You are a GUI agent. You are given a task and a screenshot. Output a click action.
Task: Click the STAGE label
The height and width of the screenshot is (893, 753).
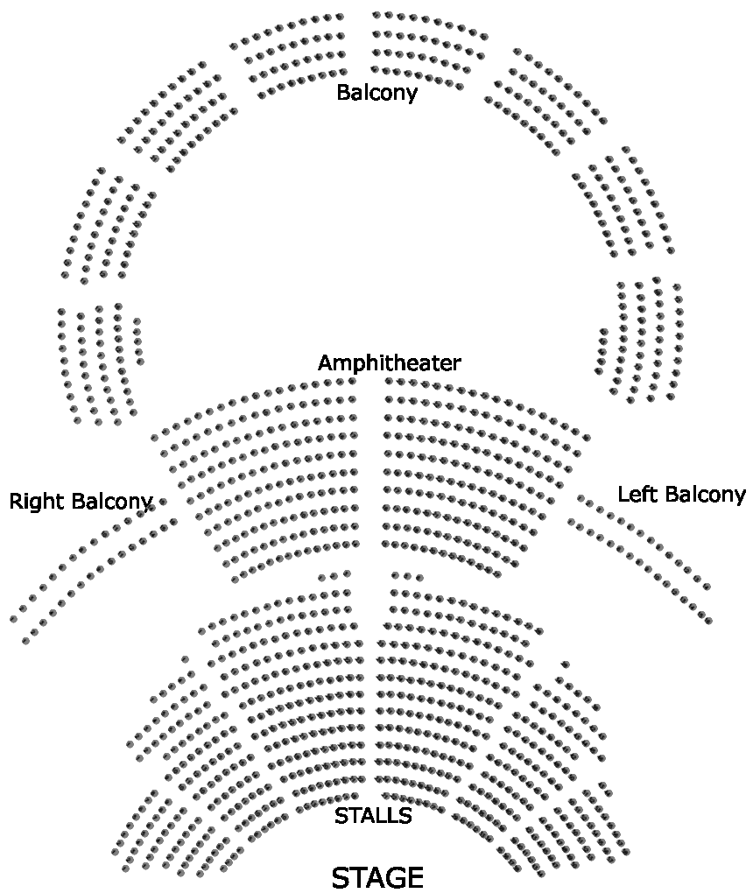(x=377, y=877)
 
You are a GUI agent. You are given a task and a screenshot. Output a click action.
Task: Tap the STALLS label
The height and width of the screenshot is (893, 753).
(x=373, y=816)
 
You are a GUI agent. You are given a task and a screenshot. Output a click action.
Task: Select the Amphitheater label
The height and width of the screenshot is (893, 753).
(x=389, y=362)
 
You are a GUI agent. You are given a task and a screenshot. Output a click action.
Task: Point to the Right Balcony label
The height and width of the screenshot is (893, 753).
(x=81, y=502)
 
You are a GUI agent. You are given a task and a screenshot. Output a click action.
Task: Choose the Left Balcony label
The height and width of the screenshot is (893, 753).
(x=681, y=495)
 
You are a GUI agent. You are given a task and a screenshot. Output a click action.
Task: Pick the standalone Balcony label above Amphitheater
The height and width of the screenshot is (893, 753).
(x=376, y=92)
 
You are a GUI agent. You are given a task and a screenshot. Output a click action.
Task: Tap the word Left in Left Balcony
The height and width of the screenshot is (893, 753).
(x=637, y=494)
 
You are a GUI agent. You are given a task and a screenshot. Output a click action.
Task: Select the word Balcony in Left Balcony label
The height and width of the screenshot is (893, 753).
(x=703, y=495)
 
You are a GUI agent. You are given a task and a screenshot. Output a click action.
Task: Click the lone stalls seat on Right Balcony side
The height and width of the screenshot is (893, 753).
(x=185, y=659)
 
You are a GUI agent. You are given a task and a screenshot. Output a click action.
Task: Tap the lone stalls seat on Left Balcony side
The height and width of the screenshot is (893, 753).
(x=566, y=664)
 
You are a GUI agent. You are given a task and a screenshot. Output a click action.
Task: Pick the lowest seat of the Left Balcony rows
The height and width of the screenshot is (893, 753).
(x=707, y=621)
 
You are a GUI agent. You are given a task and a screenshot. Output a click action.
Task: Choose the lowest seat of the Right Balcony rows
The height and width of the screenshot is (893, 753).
(x=26, y=641)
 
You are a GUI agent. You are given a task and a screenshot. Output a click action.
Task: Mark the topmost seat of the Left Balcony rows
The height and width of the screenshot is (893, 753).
(x=580, y=497)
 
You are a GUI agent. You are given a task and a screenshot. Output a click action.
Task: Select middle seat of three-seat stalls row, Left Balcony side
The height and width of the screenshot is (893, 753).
(x=407, y=575)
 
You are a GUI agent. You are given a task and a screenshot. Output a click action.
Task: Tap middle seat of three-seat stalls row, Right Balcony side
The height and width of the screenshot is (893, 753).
(x=334, y=576)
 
